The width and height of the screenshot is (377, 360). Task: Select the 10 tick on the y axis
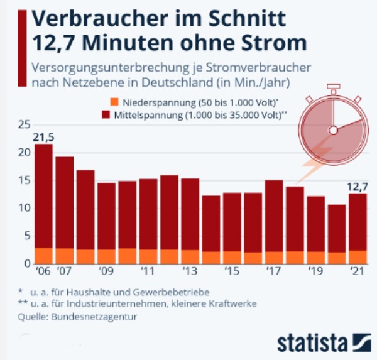[x=24, y=208]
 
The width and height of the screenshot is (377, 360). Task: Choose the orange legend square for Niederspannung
[x=114, y=102]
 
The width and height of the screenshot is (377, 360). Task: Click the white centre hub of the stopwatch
[x=334, y=129]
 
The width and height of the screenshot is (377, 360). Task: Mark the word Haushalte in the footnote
[x=122, y=292]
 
